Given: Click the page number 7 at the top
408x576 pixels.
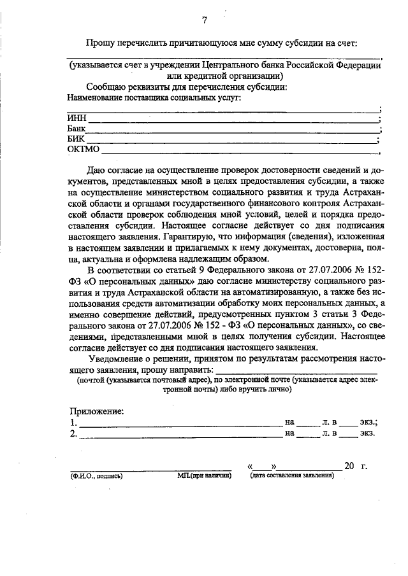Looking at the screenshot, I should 205,20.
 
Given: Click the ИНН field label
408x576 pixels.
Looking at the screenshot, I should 76,118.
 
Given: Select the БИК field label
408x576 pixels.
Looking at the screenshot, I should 76,139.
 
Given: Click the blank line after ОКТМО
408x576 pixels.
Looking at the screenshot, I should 239,153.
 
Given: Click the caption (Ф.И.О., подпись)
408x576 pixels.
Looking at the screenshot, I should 96,475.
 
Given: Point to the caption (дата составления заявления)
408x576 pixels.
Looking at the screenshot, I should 293,475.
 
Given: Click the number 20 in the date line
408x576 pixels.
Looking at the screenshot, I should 349,466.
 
